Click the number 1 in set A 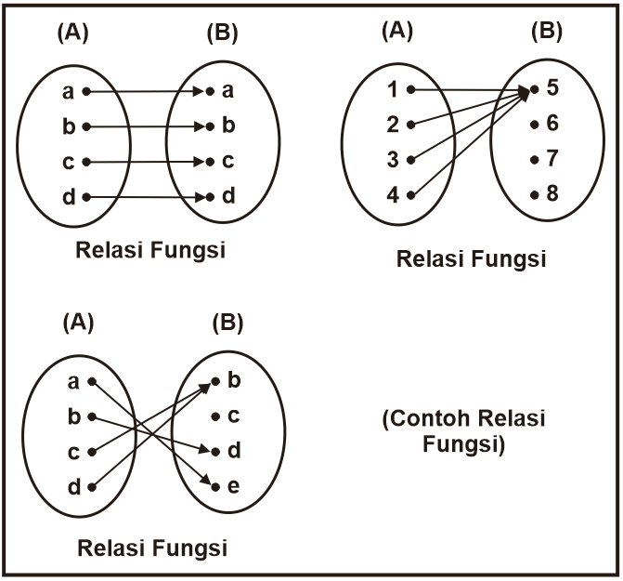(391, 90)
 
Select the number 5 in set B (552, 90)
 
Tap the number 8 (552, 195)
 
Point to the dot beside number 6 (534, 125)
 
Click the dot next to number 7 (534, 160)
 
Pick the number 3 (391, 160)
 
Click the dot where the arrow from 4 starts (410, 195)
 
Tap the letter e (233, 486)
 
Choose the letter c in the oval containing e (233, 416)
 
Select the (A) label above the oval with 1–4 (397, 31)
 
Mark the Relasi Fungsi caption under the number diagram (471, 257)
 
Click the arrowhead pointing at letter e (210, 484)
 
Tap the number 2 (391, 125)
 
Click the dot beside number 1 (410, 90)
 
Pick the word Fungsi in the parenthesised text (463, 443)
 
